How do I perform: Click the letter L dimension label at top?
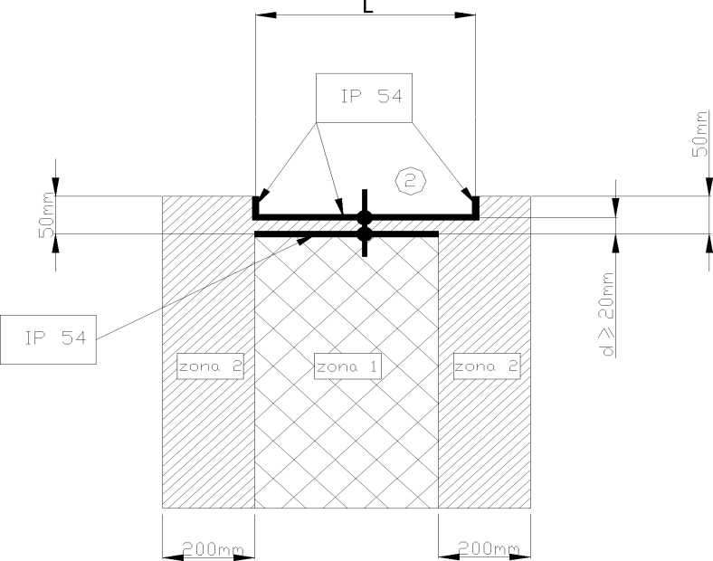coord(368,6)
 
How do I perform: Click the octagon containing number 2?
coord(411,181)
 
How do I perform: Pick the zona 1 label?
coord(347,366)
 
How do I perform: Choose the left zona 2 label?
coord(210,366)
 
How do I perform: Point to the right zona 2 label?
coord(487,366)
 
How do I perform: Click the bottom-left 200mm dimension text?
coord(213,549)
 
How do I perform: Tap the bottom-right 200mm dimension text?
coord(489,549)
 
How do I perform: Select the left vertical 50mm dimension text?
coord(46,215)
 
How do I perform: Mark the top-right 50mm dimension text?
coord(700,134)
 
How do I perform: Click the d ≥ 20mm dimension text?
coord(606,314)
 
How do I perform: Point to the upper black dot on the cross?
coord(365,218)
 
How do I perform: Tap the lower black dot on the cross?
coord(365,234)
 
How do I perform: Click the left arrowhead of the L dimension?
coord(265,15)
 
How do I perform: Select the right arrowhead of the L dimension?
coord(465,15)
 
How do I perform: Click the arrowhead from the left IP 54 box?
coord(305,239)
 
